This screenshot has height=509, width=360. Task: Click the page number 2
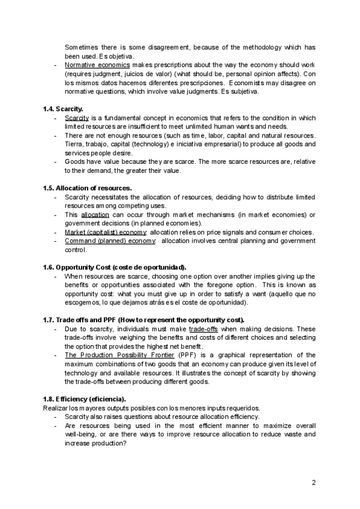(x=314, y=483)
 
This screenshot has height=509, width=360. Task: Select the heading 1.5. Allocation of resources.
(x=87, y=188)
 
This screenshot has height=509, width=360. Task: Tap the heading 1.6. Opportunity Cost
(x=115, y=267)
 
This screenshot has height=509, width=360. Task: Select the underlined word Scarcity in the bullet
(x=77, y=118)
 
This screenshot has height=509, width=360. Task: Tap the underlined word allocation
(x=95, y=214)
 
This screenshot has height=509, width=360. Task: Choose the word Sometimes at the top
(x=83, y=47)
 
